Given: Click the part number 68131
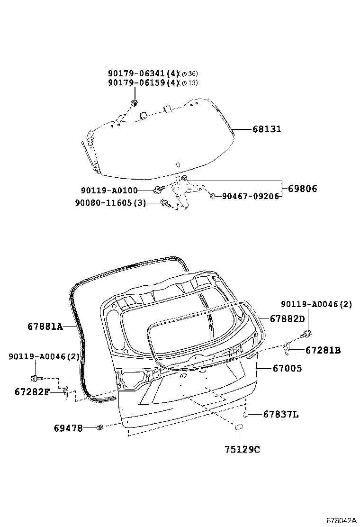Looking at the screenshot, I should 267,129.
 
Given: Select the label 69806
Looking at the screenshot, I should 302,189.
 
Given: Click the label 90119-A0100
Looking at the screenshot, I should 109,191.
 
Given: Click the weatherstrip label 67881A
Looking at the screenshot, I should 45,327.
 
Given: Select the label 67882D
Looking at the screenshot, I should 288,319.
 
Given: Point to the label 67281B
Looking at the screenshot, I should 323,351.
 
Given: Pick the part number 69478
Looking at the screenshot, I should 68,428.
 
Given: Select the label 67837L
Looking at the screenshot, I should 281,415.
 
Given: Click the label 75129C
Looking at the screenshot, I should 242,449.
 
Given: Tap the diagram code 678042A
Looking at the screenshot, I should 341,520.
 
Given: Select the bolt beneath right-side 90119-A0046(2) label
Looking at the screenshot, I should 308,334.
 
